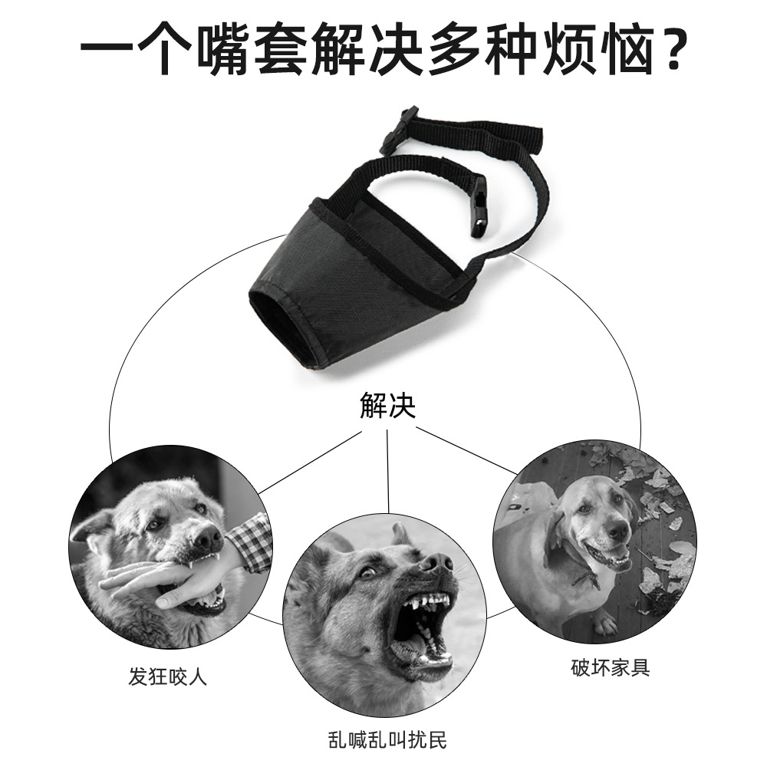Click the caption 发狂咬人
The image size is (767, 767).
(168, 676)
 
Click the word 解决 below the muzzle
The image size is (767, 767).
(387, 406)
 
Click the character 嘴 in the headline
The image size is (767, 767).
(227, 50)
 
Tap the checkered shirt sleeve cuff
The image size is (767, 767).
(251, 543)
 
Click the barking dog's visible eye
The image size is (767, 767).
(368, 572)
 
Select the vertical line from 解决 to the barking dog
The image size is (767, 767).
(387, 472)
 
